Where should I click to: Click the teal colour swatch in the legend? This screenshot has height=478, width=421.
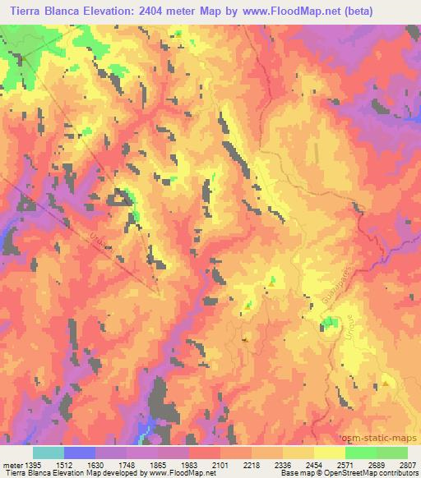(48, 453)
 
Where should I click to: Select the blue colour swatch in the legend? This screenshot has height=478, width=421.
(79, 453)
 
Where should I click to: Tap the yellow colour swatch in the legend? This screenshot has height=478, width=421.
(329, 453)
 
